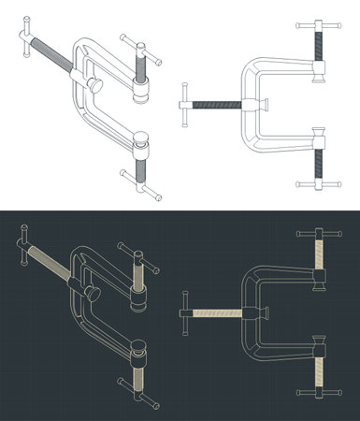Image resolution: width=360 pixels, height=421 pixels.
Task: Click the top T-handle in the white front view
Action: pos(318,27)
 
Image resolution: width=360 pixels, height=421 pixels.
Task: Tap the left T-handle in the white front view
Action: pos(185,103)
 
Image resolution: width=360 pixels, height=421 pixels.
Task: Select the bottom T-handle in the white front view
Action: pos(318,182)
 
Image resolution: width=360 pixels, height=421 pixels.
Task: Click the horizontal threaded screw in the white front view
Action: pos(217,103)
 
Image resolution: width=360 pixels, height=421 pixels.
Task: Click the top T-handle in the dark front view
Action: pos(318,233)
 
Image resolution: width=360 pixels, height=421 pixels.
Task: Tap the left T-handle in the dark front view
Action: pos(185,311)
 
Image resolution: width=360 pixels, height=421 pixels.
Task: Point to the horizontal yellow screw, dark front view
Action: pos(217,311)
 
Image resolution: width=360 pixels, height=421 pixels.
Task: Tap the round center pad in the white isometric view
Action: pos(95,85)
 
